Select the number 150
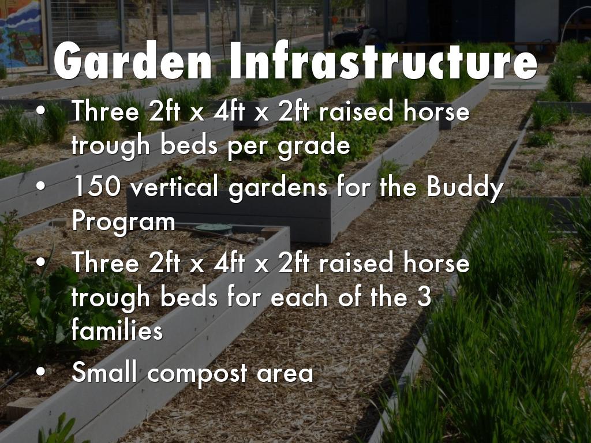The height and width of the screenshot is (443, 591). click(x=95, y=187)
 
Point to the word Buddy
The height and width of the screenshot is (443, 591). click(x=466, y=187)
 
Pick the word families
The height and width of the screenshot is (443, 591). click(x=117, y=331)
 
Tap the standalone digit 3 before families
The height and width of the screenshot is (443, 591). click(x=424, y=298)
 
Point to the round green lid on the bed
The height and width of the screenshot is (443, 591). click(x=213, y=228)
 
